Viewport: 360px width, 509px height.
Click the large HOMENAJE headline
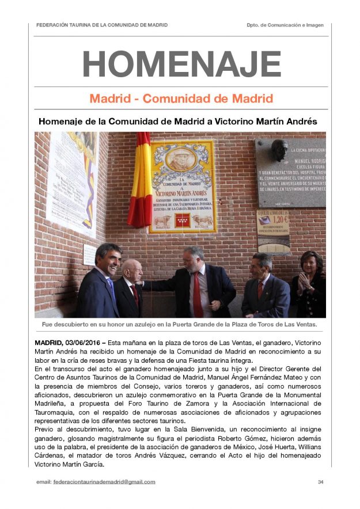[x=181, y=64]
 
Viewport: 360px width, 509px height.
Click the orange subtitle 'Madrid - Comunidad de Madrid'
[x=181, y=98]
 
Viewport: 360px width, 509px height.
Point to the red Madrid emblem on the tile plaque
[x=183, y=220]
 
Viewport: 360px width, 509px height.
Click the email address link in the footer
[x=104, y=482]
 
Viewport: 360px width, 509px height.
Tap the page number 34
[x=320, y=482]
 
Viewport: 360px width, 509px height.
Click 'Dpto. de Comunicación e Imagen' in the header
[x=285, y=25]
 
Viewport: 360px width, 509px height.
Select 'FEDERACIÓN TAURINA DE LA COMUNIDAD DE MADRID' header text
[x=102, y=25]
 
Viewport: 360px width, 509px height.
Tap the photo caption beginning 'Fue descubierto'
[x=180, y=324]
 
